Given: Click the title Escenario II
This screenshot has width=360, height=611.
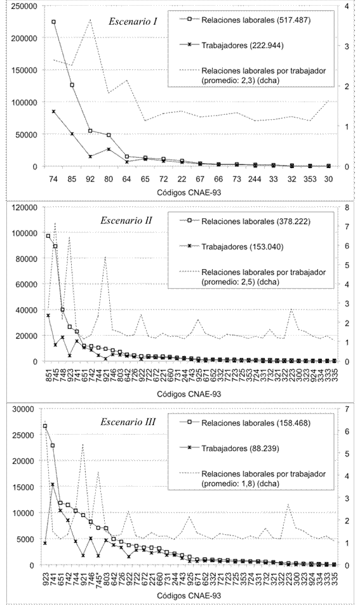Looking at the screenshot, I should coord(126,221).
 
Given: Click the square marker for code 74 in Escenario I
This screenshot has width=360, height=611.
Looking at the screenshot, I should coord(53,22).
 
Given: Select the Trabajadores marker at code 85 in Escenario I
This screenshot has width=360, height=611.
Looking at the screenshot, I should coord(72,134).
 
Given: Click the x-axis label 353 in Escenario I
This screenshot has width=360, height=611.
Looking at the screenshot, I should coord(310,180).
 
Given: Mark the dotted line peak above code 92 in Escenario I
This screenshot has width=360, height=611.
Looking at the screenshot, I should coord(90,19).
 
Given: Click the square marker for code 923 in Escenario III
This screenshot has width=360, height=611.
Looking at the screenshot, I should coord(45,426).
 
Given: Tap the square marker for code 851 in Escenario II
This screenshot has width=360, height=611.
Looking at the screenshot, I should coord(48,236).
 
